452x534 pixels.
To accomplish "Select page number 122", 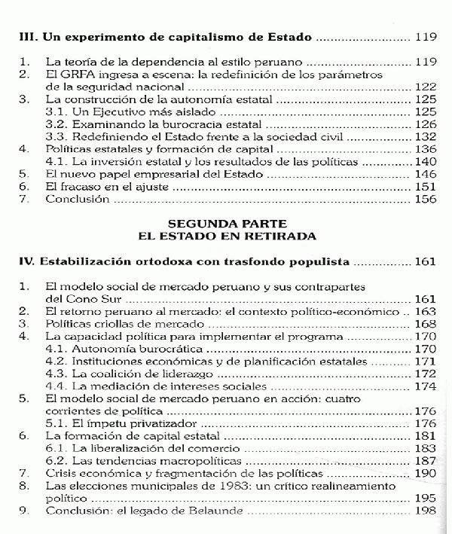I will click(x=426, y=87).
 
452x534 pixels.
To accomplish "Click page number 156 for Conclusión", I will click(x=426, y=200).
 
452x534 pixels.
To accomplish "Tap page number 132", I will click(x=426, y=136).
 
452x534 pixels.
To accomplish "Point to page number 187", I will click(x=426, y=460).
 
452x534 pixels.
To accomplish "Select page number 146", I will click(x=426, y=174).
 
